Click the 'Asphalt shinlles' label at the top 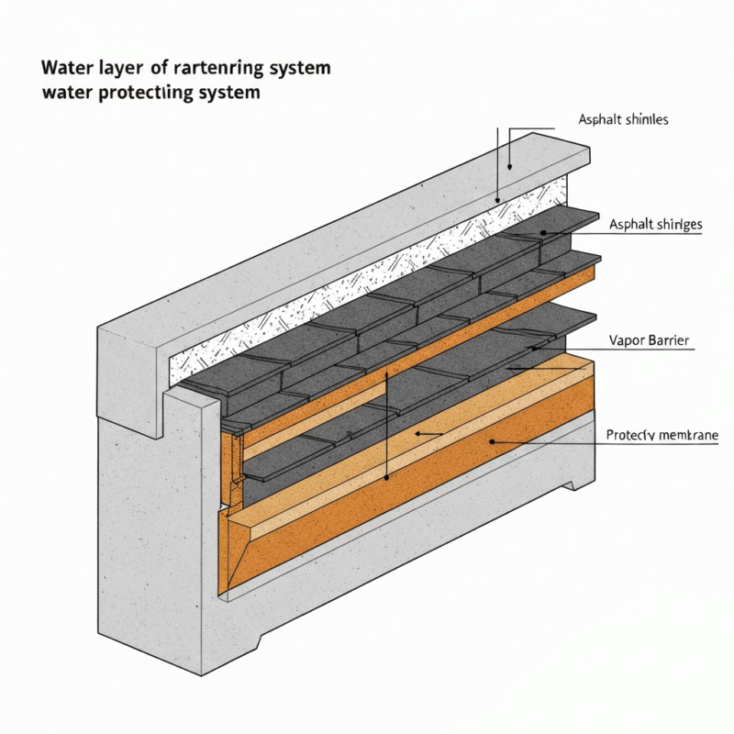pos(623,119)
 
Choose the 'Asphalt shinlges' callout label pos(655,224)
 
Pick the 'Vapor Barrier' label pos(650,340)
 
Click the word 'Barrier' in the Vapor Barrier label pos(670,340)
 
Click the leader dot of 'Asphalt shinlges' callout pos(542,233)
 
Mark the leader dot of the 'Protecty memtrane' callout pos(493,442)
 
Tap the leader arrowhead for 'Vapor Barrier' pos(536,349)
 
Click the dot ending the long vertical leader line pos(387,477)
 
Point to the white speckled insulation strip pos(367,275)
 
